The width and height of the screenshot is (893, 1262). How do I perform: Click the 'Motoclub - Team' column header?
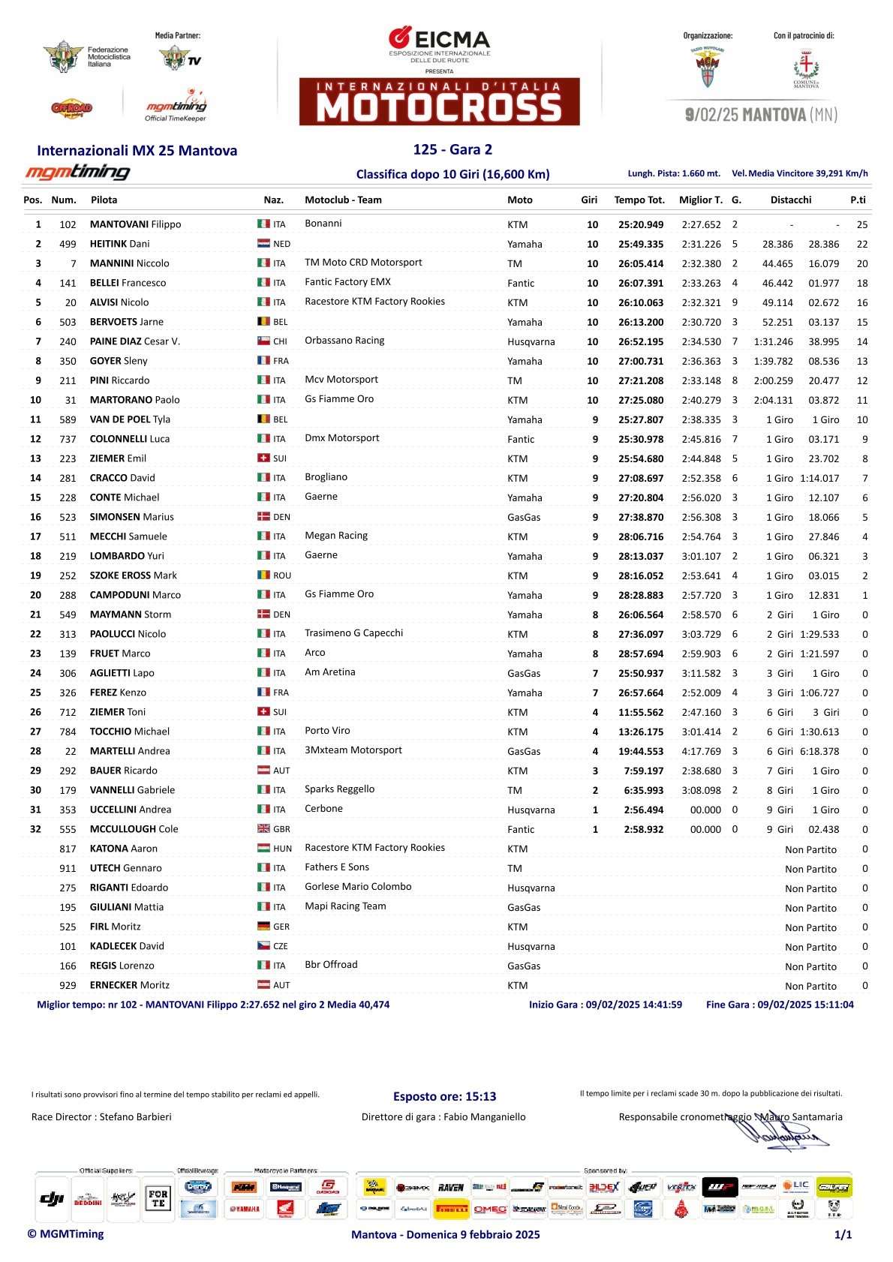[343, 200]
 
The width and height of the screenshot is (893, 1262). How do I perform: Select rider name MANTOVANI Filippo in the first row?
[135, 224]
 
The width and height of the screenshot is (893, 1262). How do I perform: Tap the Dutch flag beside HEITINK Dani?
[263, 244]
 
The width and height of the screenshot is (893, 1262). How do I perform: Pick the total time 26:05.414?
[640, 263]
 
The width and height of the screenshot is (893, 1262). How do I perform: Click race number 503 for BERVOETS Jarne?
[68, 322]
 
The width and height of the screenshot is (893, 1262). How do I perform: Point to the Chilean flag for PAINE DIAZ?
[263, 341]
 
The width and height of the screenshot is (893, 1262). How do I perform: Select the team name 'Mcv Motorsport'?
[341, 380]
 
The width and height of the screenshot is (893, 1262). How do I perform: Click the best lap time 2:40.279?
[701, 400]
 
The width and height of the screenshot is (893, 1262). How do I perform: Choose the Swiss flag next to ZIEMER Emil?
[263, 458]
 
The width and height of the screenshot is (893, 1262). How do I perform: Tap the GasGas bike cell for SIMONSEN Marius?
[523, 517]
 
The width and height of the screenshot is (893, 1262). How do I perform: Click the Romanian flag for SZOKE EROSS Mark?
[263, 575]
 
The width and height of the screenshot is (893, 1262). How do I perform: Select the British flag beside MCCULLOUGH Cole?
[263, 829]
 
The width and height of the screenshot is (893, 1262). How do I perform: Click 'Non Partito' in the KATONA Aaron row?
[810, 849]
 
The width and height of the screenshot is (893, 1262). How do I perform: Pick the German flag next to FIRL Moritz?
[263, 927]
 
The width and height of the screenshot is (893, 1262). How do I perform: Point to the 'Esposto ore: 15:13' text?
[444, 1096]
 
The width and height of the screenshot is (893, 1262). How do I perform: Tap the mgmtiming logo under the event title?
[78, 173]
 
